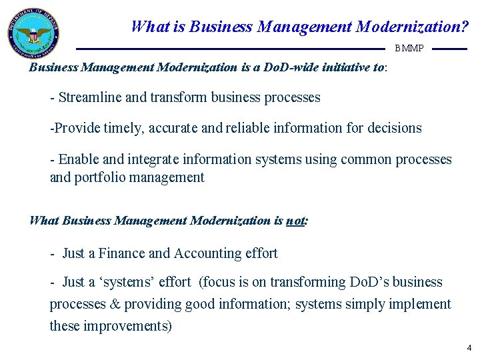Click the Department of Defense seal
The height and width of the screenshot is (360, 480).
click(34, 34)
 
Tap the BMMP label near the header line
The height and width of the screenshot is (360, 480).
click(409, 49)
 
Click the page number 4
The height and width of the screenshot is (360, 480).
click(469, 347)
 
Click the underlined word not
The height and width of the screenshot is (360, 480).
click(295, 220)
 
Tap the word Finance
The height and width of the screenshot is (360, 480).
click(122, 253)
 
